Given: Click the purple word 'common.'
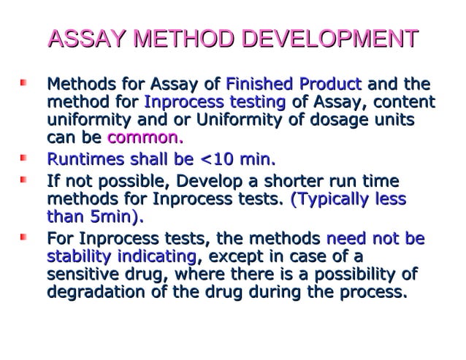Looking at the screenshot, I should coord(145,138).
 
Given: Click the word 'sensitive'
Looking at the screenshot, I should coord(80,275).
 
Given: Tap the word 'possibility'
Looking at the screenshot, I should coord(351,275).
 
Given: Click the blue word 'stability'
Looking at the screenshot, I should coord(77,257).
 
